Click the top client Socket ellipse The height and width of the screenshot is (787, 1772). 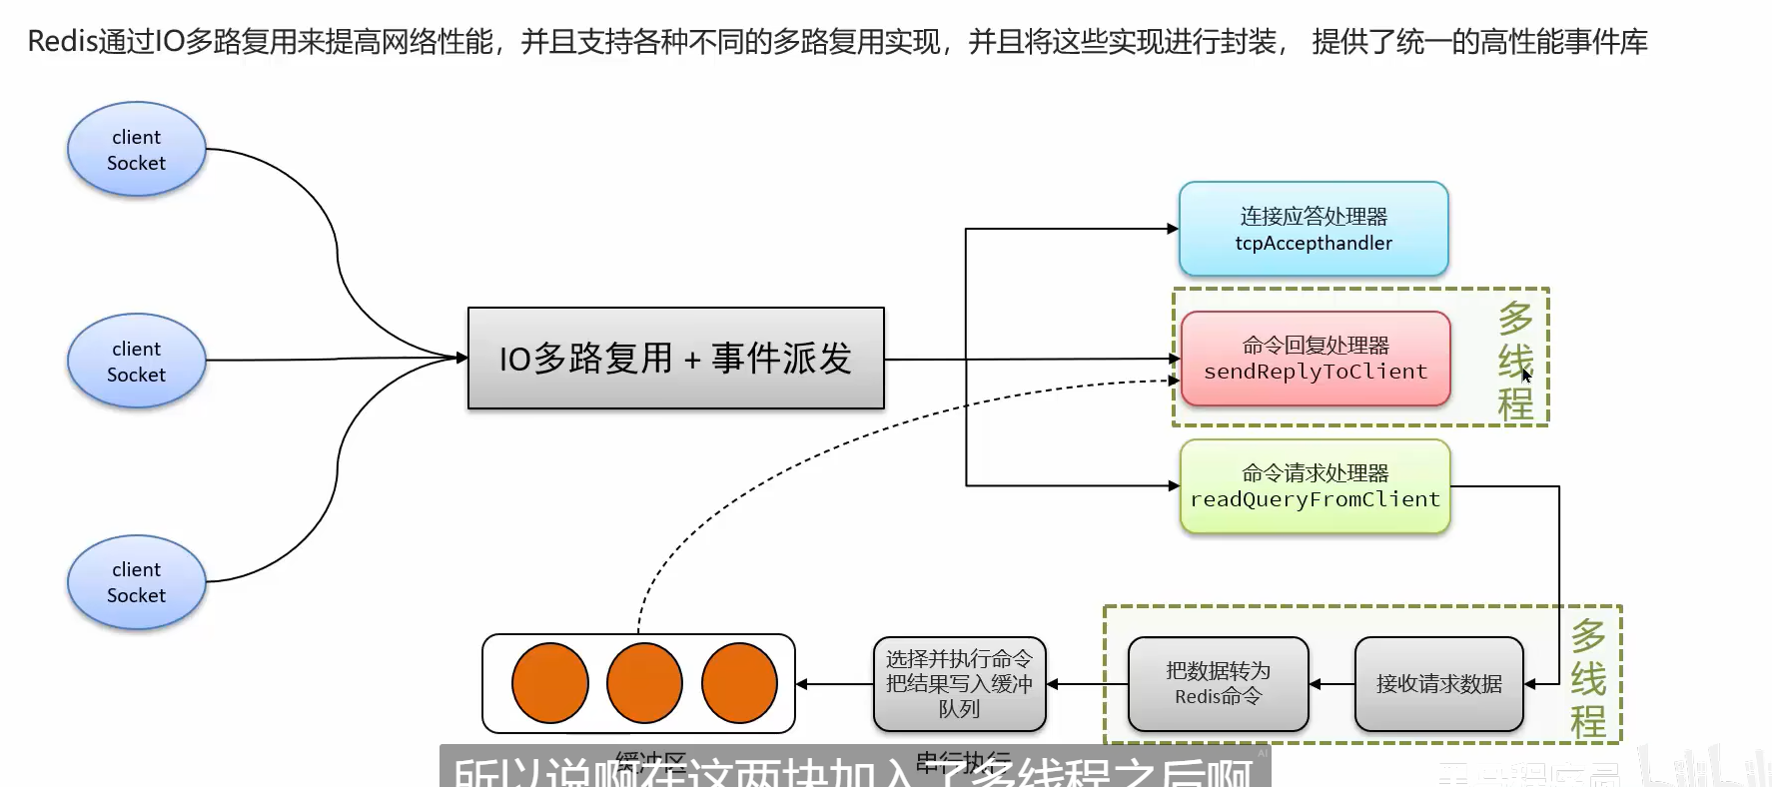pyautogui.click(x=137, y=150)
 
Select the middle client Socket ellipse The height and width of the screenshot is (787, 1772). pyautogui.click(x=137, y=362)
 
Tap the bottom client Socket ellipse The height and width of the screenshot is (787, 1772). pyautogui.click(x=137, y=582)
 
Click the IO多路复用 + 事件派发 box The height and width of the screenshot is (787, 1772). pyautogui.click(x=675, y=358)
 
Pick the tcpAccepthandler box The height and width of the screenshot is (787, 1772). pyautogui.click(x=1314, y=230)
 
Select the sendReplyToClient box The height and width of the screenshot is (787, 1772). pyautogui.click(x=1316, y=359)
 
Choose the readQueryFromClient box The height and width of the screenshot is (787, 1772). pyautogui.click(x=1315, y=486)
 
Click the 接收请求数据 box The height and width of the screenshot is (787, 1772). pyautogui.click(x=1438, y=684)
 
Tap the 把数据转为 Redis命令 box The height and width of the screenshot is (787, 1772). pyautogui.click(x=1218, y=684)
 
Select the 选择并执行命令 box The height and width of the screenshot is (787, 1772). pyautogui.click(x=959, y=684)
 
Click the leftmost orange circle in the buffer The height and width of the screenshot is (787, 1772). pyautogui.click(x=549, y=683)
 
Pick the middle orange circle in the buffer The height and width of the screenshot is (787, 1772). pyautogui.click(x=644, y=683)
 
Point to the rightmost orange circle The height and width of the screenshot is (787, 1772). pyautogui.click(x=739, y=683)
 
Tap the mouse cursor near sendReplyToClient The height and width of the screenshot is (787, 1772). pyautogui.click(x=1526, y=376)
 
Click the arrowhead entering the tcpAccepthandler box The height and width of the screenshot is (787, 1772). pyautogui.click(x=1173, y=229)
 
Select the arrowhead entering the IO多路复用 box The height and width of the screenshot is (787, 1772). pyautogui.click(x=461, y=358)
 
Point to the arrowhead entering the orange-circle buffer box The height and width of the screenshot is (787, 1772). pyautogui.click(x=802, y=684)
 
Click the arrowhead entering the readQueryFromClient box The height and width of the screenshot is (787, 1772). pyautogui.click(x=1174, y=486)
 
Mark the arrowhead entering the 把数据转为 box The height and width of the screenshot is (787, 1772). pyautogui.click(x=1316, y=684)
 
